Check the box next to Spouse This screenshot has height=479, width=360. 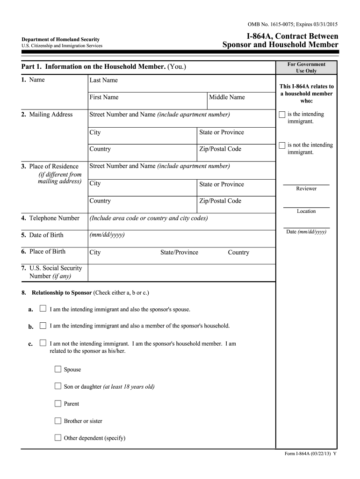pos(58,370)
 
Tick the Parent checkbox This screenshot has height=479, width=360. pos(58,404)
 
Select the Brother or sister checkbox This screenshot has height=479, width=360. pos(58,421)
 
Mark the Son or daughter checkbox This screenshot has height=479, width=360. pos(58,386)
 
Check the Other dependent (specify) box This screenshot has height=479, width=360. pos(58,438)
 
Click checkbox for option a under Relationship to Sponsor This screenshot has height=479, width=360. pos(43,309)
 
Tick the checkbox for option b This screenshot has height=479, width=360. pos(43,326)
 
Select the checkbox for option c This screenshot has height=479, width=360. pos(43,343)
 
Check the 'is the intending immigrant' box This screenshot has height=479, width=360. pos(281,115)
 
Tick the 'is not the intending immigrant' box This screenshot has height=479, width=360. pos(281,145)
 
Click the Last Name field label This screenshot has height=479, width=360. pos(104,80)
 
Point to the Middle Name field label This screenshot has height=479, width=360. pos(227,97)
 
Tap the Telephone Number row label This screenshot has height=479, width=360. pos(50,218)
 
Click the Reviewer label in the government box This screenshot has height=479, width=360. pos(306,189)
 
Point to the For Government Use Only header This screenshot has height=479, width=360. pos(306,67)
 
